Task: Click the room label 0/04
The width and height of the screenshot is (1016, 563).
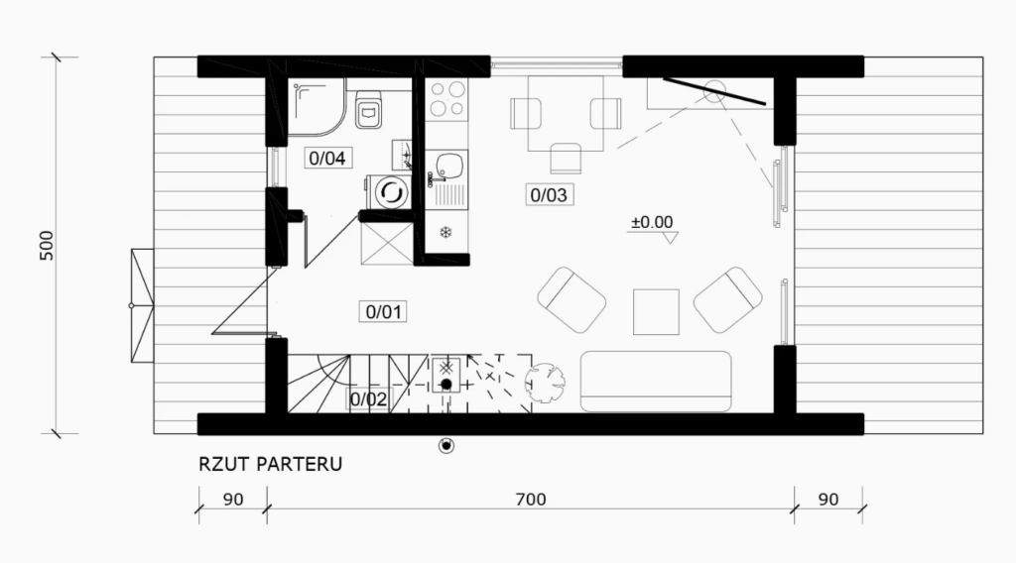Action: (x=327, y=158)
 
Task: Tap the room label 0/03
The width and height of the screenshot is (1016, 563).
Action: (x=549, y=195)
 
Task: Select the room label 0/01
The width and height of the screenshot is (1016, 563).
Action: (x=384, y=312)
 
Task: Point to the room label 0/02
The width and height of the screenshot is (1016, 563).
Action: (x=368, y=399)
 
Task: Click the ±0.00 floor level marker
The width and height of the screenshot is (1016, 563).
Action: (x=653, y=222)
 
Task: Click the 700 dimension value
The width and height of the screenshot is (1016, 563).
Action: (x=531, y=500)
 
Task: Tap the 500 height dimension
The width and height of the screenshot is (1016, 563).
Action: (x=47, y=246)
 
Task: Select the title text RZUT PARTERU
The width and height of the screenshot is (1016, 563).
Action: (x=270, y=464)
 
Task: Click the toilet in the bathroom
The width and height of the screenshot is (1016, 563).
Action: (x=369, y=109)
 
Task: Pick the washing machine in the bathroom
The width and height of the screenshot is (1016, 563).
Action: (x=389, y=192)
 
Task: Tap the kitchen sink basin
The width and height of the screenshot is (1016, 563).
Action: (x=447, y=167)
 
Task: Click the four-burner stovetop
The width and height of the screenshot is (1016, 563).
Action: (x=447, y=98)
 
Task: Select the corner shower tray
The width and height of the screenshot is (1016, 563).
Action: (x=317, y=107)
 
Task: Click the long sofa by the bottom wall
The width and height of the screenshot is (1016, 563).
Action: (x=656, y=382)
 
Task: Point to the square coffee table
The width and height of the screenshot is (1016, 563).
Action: (x=656, y=312)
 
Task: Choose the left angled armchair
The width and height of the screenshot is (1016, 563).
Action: (x=571, y=299)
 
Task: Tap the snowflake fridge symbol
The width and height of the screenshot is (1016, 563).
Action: (x=445, y=232)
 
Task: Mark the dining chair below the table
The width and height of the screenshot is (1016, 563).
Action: (x=566, y=158)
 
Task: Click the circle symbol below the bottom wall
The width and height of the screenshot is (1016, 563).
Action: (x=446, y=445)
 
